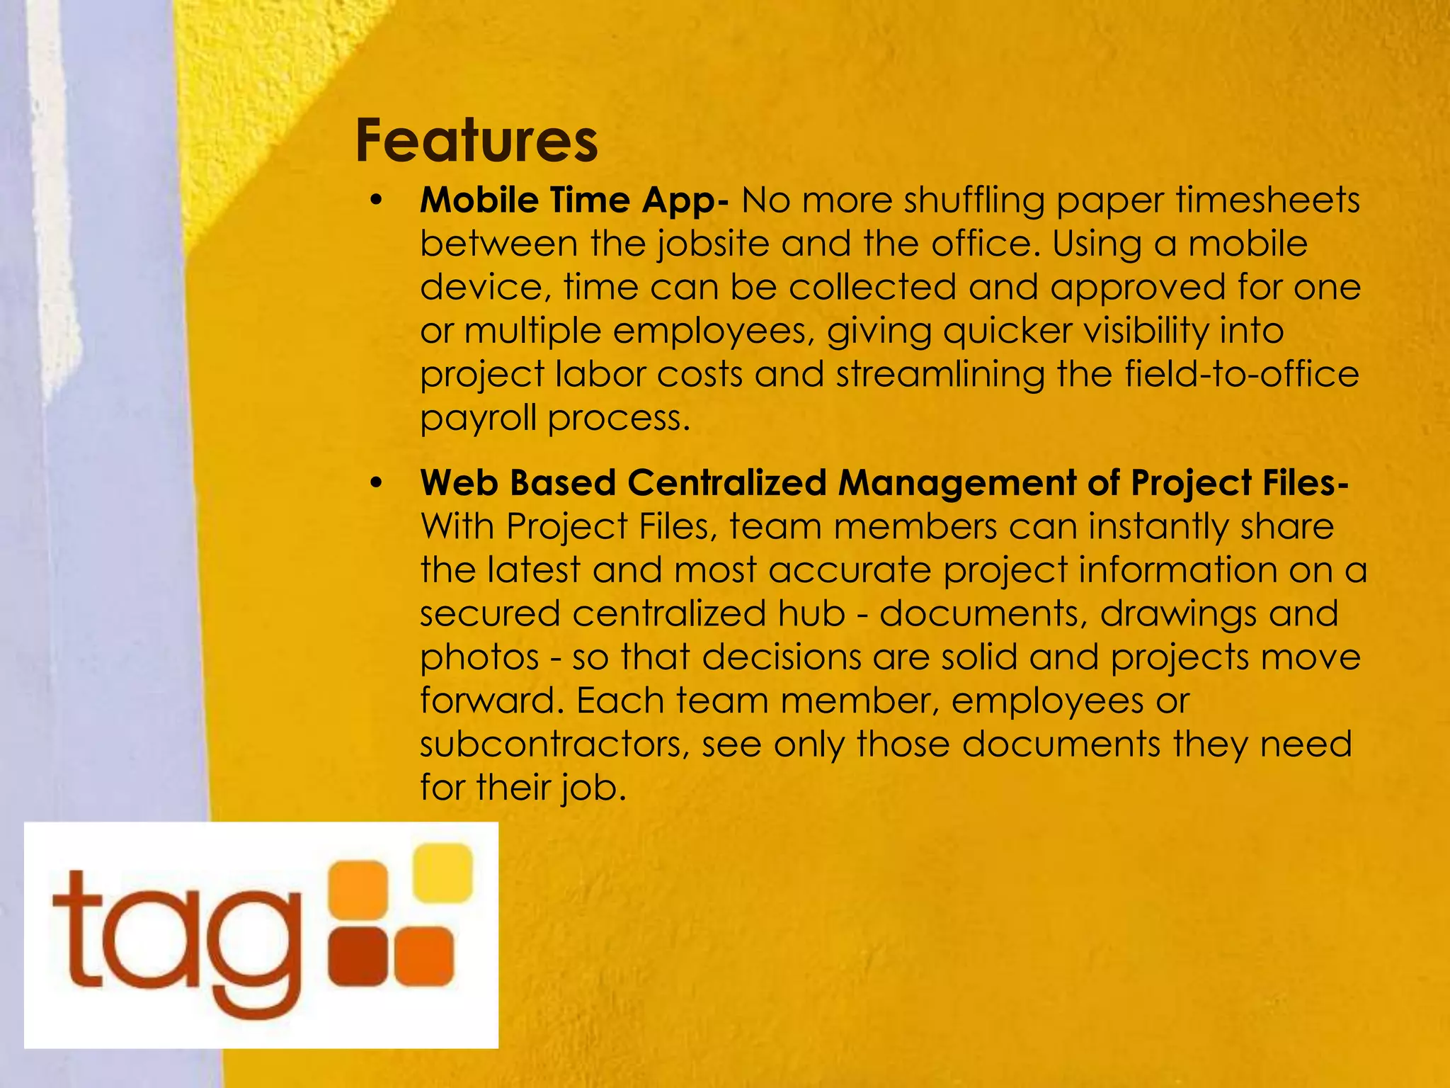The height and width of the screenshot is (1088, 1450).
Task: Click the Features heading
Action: coord(476,140)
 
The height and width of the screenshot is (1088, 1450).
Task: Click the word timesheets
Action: coord(1267,200)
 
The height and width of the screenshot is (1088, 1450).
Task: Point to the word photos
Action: coord(479,658)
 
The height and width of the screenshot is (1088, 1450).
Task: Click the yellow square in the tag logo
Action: coord(443,873)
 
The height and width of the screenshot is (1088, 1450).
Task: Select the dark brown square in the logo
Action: coord(358,956)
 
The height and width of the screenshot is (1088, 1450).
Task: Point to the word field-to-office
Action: coord(1242,375)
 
